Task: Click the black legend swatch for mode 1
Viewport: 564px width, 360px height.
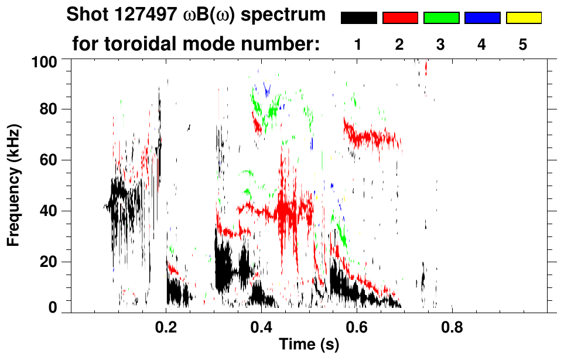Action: click(358, 18)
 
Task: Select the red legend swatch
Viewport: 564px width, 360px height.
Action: click(400, 18)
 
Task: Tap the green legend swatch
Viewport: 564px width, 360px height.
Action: click(441, 18)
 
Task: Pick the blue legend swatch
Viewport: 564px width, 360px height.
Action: click(482, 18)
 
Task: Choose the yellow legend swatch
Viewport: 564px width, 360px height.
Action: click(524, 18)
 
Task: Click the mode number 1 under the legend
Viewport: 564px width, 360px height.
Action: click(358, 45)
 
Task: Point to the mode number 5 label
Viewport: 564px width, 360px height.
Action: click(523, 45)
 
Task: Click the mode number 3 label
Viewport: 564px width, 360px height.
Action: click(441, 45)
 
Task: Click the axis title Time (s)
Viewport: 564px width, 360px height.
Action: click(309, 345)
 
